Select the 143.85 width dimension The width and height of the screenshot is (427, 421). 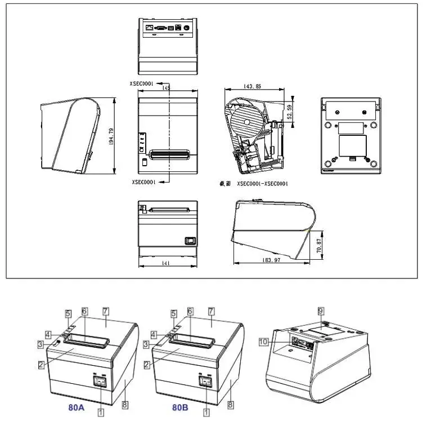click(250, 86)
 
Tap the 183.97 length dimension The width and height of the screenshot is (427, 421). click(271, 260)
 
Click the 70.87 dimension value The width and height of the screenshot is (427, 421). click(320, 245)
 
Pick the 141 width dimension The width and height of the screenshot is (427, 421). click(167, 263)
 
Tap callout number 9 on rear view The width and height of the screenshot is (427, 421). click(321, 311)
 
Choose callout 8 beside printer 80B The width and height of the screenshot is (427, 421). click(230, 405)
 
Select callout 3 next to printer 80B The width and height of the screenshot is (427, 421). click(146, 344)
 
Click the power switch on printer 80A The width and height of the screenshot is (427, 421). click(101, 382)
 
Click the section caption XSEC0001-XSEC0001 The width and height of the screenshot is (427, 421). click(262, 184)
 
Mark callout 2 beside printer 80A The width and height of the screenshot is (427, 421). click(41, 365)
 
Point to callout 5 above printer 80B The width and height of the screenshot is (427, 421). click(174, 313)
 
